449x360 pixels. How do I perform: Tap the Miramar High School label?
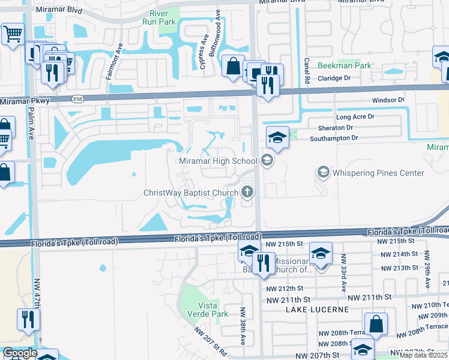(x=218, y=161)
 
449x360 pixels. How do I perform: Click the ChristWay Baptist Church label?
(x=191, y=193)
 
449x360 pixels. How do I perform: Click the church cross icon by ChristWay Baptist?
(x=246, y=193)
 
